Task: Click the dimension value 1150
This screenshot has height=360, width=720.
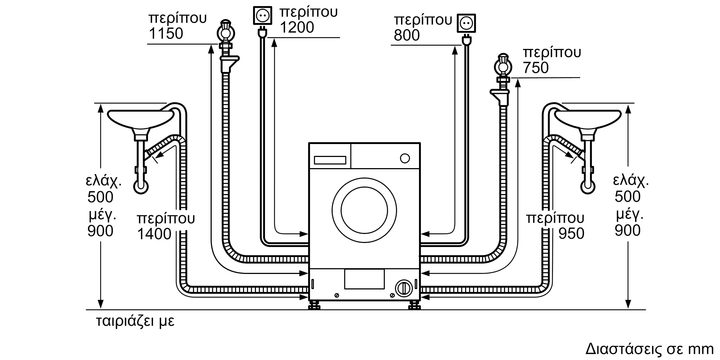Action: coord(166,33)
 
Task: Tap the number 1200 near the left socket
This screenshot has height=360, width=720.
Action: coord(297,27)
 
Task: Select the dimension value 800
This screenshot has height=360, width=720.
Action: coord(407,35)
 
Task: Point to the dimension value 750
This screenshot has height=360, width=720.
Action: coord(536,68)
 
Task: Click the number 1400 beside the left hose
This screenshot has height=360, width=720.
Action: coord(154,234)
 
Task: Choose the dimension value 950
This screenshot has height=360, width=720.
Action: coord(571,234)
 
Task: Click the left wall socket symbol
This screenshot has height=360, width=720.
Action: coord(262,15)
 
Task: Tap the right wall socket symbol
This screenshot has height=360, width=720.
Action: coord(466,23)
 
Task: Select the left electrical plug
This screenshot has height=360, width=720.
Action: coord(262,33)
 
